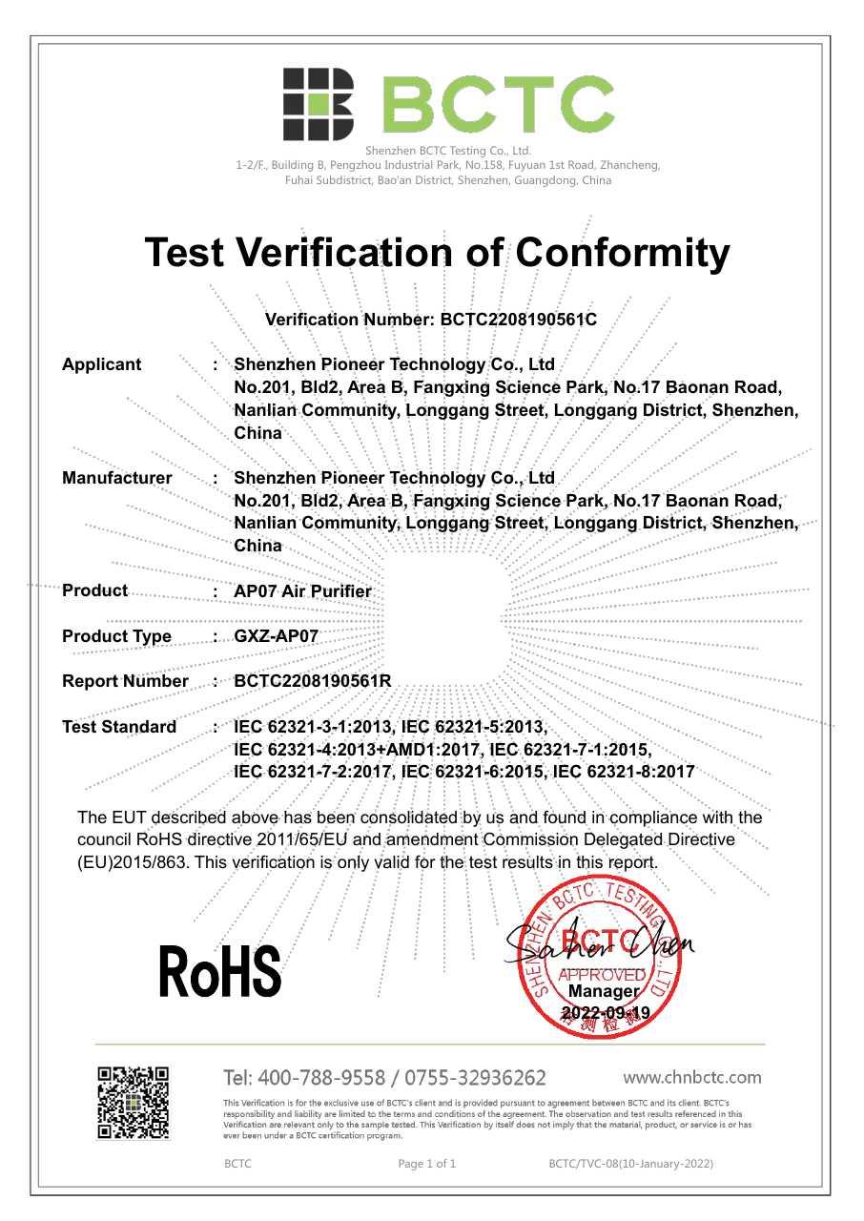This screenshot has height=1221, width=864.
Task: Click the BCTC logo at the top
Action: click(448, 104)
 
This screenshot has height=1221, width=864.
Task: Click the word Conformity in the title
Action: click(622, 253)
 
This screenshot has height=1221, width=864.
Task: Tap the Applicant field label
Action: click(101, 364)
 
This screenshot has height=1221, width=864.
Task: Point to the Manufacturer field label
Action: click(116, 478)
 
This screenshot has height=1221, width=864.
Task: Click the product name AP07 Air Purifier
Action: click(302, 591)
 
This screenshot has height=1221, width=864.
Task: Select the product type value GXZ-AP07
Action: click(276, 636)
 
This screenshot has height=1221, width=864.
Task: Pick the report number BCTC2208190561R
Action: click(313, 681)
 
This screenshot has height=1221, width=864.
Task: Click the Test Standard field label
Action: click(119, 727)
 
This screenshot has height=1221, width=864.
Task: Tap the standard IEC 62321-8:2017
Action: click(624, 772)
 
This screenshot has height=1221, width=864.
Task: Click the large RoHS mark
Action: click(220, 971)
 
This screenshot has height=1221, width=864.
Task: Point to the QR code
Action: click(134, 1103)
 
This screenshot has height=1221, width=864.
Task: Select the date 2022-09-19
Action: click(606, 1013)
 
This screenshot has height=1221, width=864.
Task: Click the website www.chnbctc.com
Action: click(691, 1078)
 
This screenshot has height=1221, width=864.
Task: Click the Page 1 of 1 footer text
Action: click(426, 1164)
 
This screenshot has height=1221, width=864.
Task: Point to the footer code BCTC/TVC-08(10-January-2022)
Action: click(630, 1164)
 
